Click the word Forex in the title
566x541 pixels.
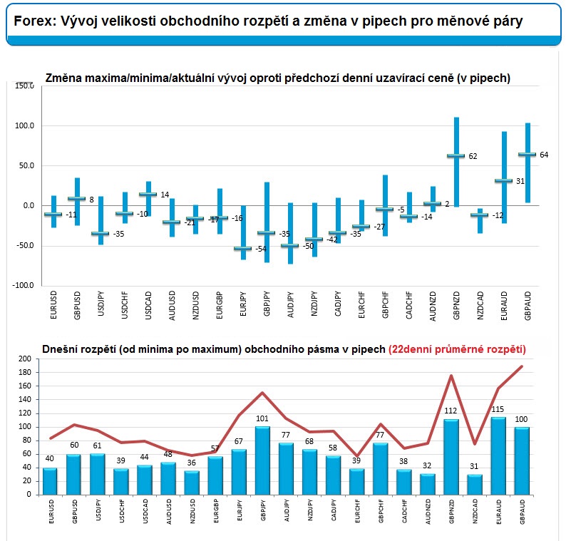tap(34, 21)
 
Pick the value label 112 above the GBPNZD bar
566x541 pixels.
tap(451, 411)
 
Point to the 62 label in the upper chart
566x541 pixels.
tap(473, 156)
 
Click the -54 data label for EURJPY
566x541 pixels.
tap(262, 249)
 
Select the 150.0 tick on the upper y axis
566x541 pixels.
tap(24, 86)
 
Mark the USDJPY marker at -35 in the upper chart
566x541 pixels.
tap(101, 233)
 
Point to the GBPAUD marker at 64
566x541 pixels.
tap(528, 154)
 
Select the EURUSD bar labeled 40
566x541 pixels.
tap(51, 481)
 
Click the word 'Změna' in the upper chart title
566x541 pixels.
tap(63, 78)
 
